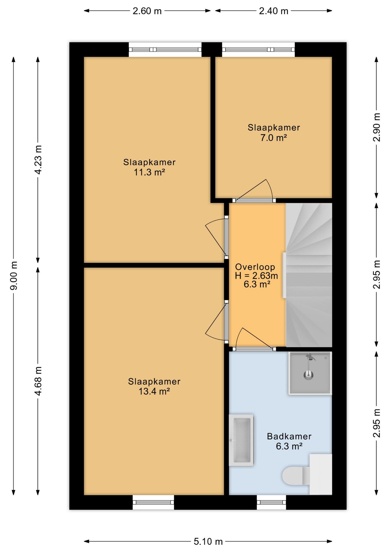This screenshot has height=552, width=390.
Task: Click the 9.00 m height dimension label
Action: coord(14,275)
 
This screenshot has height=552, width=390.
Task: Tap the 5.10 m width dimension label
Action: coord(208,542)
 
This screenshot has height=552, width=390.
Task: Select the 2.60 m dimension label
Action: coord(147,11)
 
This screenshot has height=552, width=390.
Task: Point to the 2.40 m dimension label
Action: coord(273,11)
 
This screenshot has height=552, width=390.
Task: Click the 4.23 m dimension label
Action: coord(38,160)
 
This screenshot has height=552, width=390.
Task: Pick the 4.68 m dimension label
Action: coord(38,381)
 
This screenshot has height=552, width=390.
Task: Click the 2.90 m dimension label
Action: coord(377,127)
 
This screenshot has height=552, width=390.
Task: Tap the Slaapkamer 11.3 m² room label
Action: coord(149,167)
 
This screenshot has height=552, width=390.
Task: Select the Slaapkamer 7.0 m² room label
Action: coord(274,133)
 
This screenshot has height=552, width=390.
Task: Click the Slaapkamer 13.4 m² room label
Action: coord(154,386)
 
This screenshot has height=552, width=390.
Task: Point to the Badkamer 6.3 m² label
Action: coord(289,441)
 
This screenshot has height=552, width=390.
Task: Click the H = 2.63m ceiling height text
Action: coord(256,276)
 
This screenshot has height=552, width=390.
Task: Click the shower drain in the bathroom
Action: coord(308,375)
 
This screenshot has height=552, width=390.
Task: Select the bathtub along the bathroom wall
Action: coord(241,440)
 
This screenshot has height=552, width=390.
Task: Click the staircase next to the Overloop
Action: coord(309,275)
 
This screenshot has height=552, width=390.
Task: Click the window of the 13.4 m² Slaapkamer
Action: coord(153,503)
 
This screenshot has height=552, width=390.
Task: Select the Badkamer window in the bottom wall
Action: coord(271,503)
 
